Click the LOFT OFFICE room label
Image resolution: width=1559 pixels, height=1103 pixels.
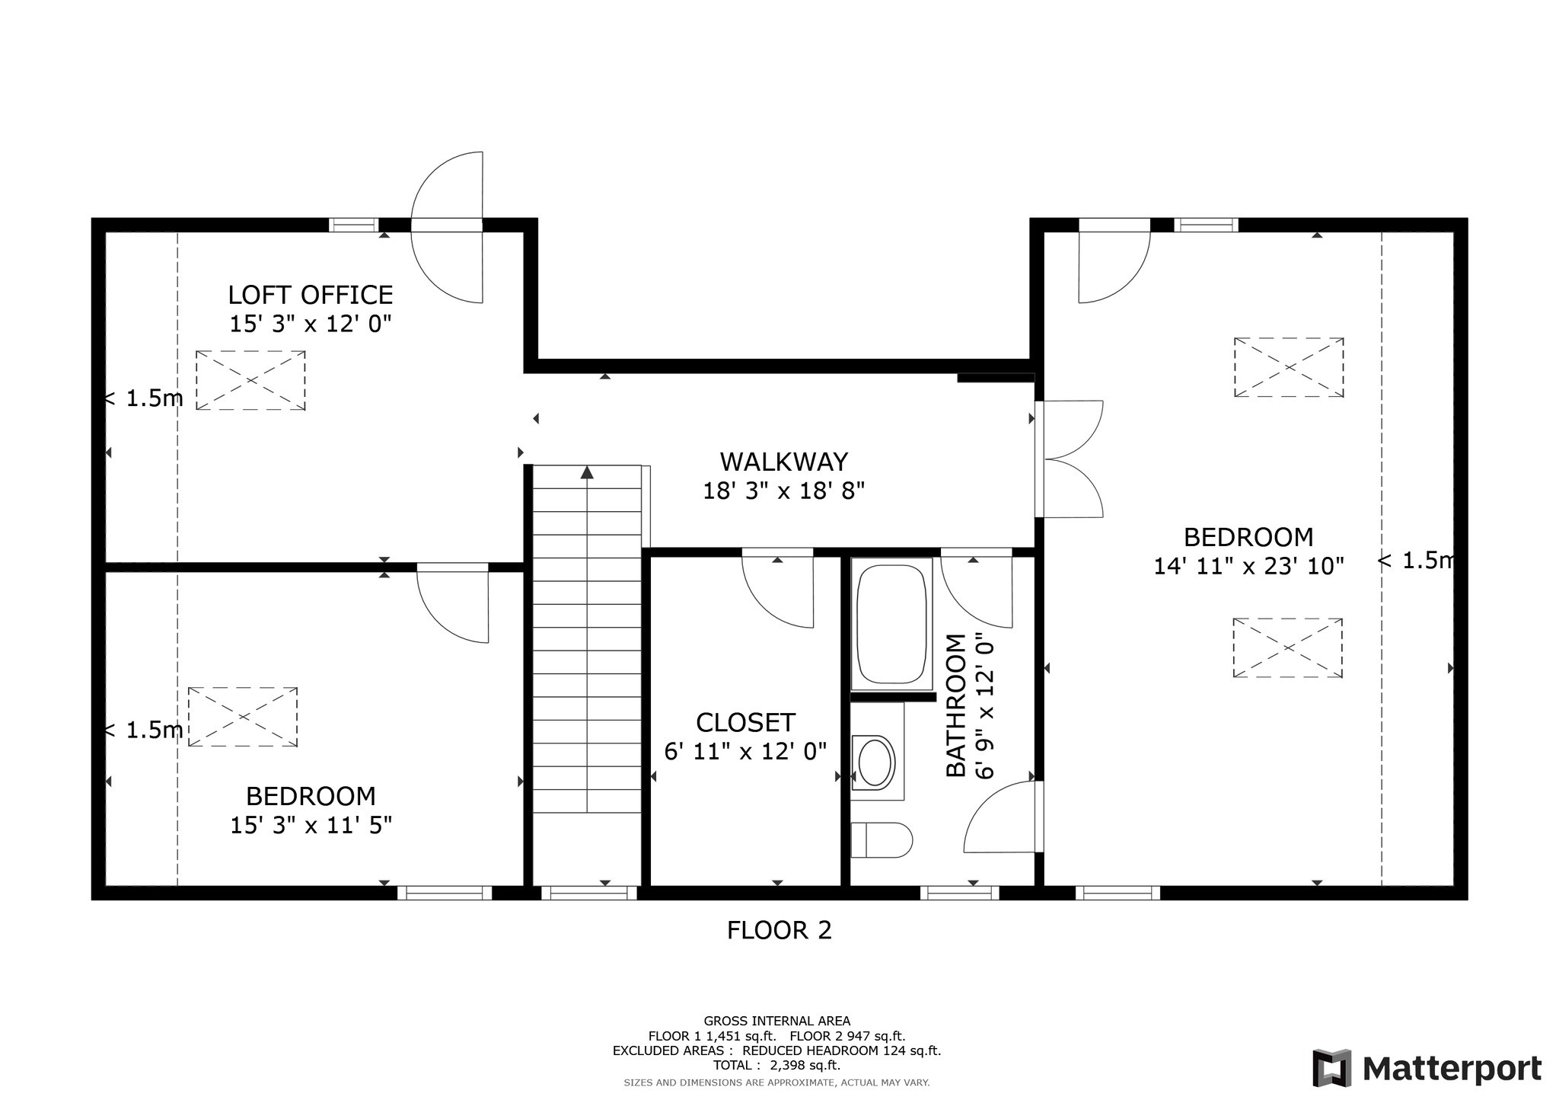[x=311, y=295]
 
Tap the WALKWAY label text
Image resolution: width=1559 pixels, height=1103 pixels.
[x=783, y=462]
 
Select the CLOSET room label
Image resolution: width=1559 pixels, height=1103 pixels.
[x=745, y=722]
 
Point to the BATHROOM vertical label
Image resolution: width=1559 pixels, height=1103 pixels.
[x=956, y=705]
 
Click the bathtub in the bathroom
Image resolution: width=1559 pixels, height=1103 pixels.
[x=891, y=623]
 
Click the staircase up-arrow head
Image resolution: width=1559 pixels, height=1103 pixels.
[x=587, y=473]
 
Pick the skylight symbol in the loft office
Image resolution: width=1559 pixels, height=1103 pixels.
[x=250, y=380]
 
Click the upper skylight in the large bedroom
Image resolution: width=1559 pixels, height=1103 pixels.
[x=1288, y=367]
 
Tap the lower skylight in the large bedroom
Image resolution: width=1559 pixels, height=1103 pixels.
[x=1287, y=647]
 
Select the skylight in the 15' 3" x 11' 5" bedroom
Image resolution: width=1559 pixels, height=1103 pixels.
[x=243, y=717]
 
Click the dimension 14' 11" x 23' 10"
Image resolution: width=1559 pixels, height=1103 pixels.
[x=1248, y=566]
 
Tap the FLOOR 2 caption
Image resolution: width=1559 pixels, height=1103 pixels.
[x=779, y=930]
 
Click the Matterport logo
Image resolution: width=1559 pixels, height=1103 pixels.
[x=1427, y=1068]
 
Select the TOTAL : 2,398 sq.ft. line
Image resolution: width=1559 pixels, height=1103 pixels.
[x=776, y=1065]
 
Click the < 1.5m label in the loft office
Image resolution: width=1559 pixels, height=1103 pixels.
[x=144, y=398]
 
